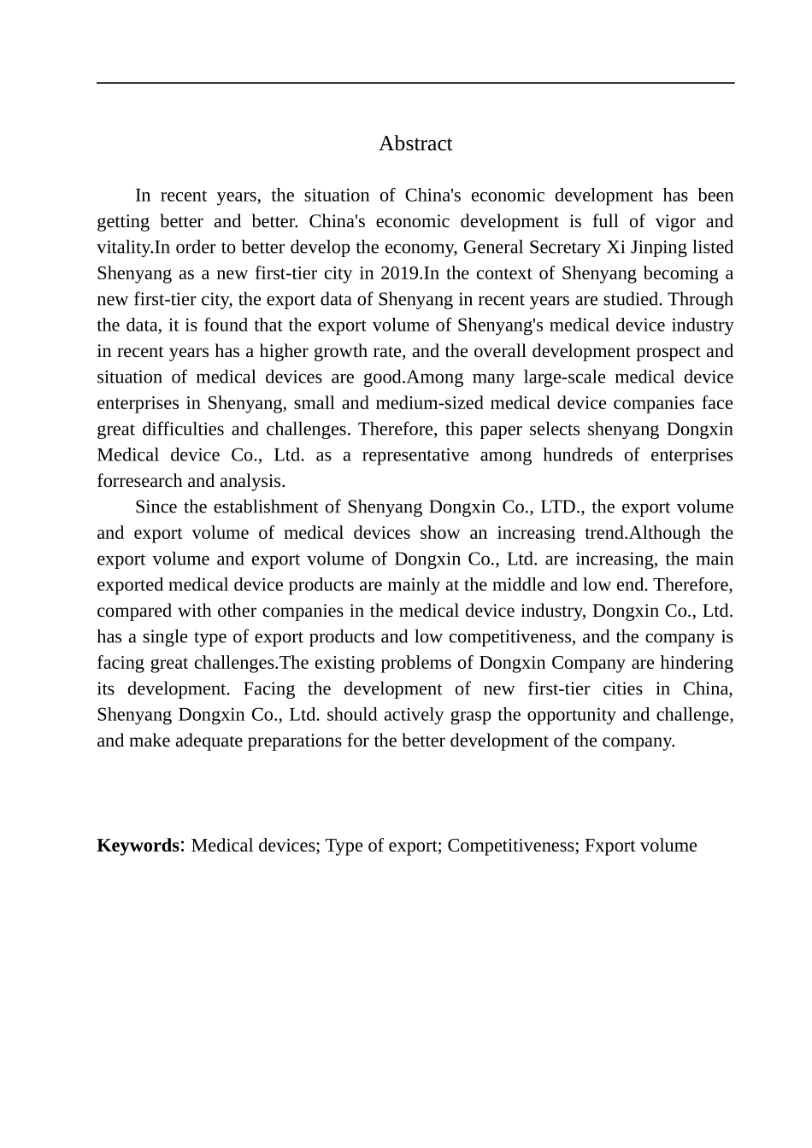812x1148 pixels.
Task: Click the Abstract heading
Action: (x=415, y=143)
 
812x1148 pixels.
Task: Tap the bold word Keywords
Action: (x=138, y=846)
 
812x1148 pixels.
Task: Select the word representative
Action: (x=415, y=455)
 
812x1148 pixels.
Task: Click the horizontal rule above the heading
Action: (x=415, y=83)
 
